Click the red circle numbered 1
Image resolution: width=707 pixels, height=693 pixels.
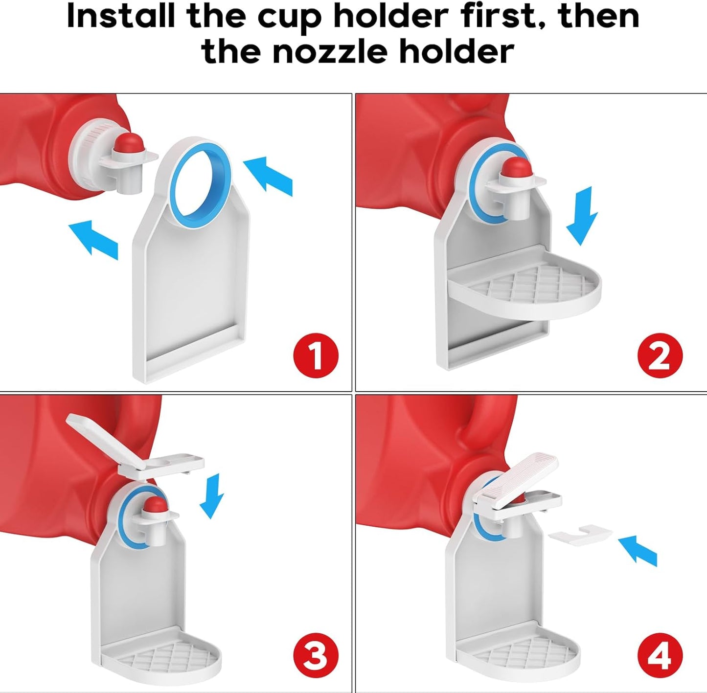point(316,356)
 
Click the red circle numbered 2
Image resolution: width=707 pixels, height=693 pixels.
point(660,356)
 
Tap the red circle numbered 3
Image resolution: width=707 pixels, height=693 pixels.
point(316,655)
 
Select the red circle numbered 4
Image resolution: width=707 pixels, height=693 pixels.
point(660,655)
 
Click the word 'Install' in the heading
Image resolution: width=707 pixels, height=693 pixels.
point(120,16)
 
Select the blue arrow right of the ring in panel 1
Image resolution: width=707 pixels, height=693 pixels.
point(268,175)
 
